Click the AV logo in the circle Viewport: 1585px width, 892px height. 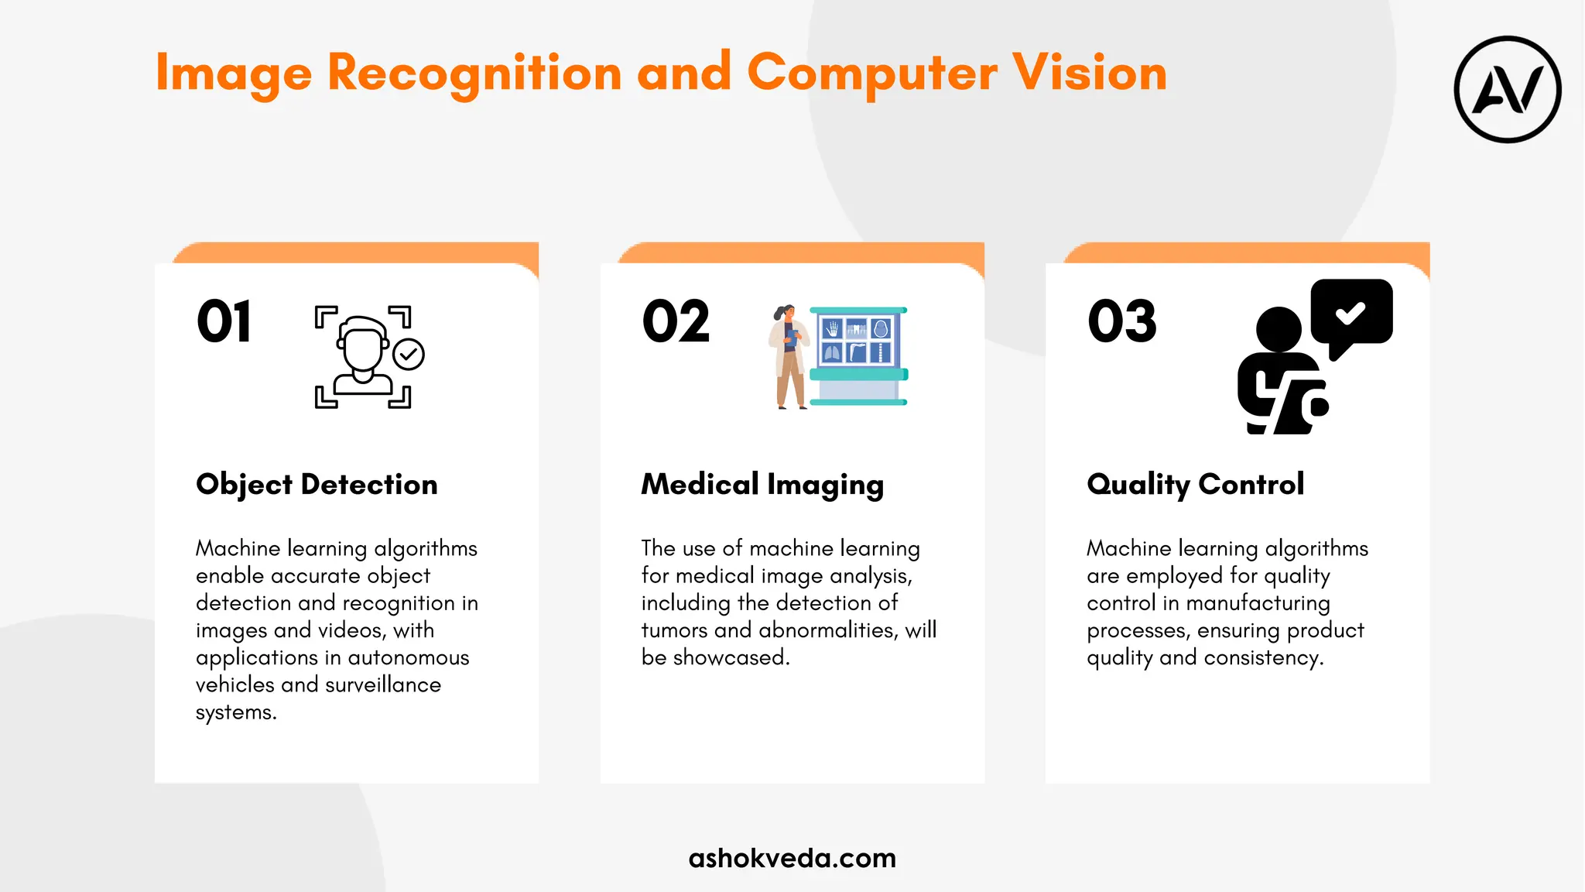coord(1508,90)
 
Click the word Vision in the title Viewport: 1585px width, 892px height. coord(1090,73)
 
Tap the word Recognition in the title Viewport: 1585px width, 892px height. coord(474,73)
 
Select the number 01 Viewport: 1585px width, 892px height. coord(224,321)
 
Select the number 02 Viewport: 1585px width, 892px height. coord(676,321)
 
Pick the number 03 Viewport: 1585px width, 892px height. coord(1122,321)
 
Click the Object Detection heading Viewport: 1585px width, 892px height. coord(317,485)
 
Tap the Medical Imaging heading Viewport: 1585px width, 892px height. coord(762,485)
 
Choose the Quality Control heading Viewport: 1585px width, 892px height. coord(1195,485)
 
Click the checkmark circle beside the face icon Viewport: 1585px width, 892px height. coord(409,355)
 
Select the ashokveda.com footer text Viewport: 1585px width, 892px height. coord(792,858)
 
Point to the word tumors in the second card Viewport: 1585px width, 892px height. coord(674,630)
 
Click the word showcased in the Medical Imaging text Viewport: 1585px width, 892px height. coord(731,657)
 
